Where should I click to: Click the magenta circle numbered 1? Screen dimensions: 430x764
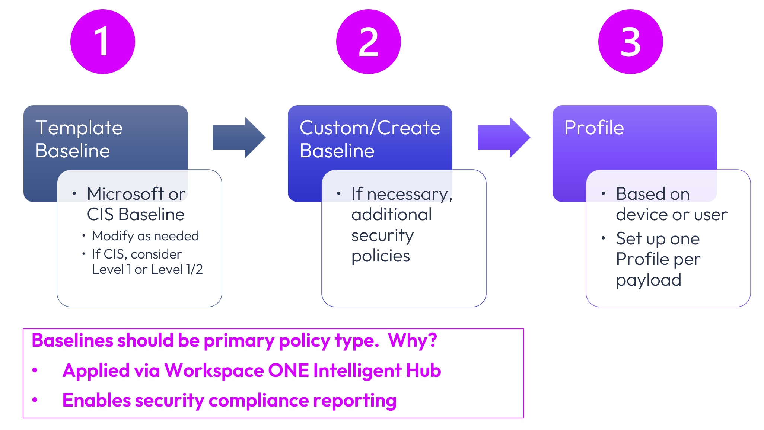[103, 42]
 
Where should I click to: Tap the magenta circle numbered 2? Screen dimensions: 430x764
[368, 42]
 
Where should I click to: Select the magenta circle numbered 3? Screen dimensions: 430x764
[630, 42]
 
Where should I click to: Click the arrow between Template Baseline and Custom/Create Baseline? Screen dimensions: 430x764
[239, 138]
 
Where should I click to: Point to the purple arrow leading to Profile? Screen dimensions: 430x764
[503, 138]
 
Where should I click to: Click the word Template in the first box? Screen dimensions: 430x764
[79, 128]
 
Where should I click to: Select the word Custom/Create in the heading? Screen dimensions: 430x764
[370, 128]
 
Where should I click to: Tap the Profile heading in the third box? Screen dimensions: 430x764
[594, 128]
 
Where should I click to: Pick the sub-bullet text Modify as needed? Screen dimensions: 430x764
[146, 236]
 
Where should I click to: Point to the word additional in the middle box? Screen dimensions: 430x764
[392, 215]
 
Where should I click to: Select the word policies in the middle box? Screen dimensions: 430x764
[381, 256]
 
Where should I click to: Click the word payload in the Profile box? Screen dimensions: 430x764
[649, 280]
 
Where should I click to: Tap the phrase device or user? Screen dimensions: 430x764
[672, 215]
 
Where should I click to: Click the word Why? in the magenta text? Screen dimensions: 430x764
[413, 340]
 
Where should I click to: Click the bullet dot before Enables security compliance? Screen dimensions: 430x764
[35, 400]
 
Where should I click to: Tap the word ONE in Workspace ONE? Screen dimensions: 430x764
[288, 370]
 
